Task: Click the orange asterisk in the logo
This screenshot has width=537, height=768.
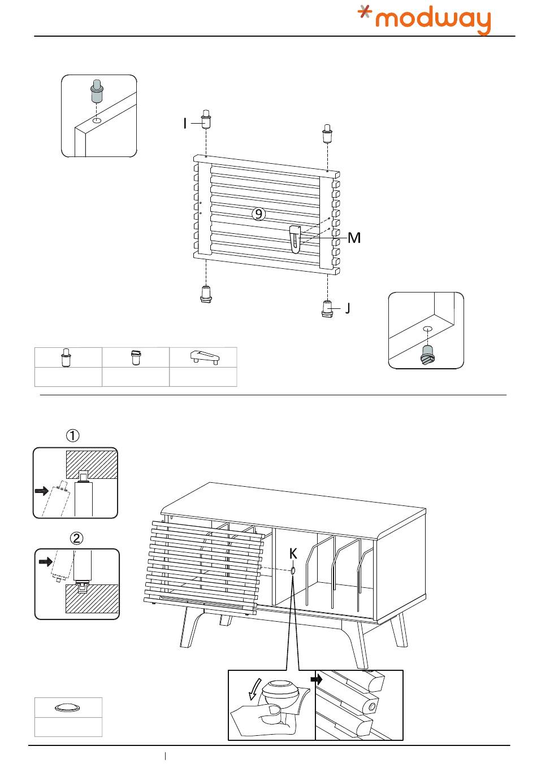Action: point(366,14)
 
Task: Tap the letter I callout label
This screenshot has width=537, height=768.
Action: point(185,123)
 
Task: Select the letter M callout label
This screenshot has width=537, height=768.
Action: point(354,238)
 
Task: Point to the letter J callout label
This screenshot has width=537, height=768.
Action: point(347,308)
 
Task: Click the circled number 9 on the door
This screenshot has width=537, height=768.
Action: point(258,213)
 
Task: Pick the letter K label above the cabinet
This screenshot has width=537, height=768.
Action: point(293,553)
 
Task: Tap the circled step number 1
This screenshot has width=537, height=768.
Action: point(73,435)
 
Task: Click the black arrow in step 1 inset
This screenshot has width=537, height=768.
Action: point(41,491)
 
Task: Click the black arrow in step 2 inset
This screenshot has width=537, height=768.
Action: point(45,562)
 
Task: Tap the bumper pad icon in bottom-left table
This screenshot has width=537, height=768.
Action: point(68,707)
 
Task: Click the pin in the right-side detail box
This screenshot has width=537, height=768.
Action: point(428,354)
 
